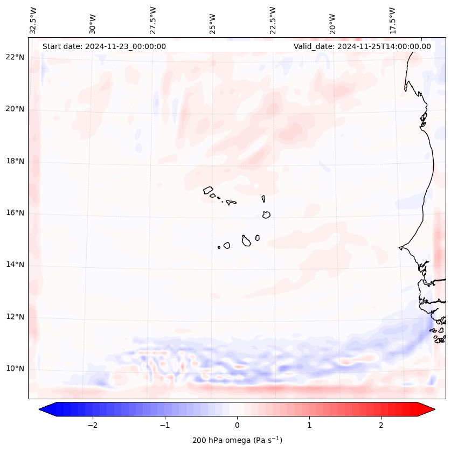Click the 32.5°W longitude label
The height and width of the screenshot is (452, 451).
point(33,20)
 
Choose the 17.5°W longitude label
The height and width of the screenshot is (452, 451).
point(393,20)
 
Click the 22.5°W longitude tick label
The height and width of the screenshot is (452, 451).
point(273,20)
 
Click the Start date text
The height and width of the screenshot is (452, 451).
point(104,46)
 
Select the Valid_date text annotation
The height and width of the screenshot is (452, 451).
point(362,46)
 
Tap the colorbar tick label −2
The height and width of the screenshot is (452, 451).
point(92,425)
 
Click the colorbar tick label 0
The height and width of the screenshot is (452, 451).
point(237,425)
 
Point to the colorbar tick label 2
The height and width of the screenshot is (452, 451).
point(381,425)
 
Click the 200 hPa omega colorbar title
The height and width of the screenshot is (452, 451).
point(237,440)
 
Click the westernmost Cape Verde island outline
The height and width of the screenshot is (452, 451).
point(208,190)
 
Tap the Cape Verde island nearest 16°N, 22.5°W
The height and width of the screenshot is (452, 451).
point(266,214)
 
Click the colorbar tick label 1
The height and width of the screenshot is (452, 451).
point(309,425)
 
